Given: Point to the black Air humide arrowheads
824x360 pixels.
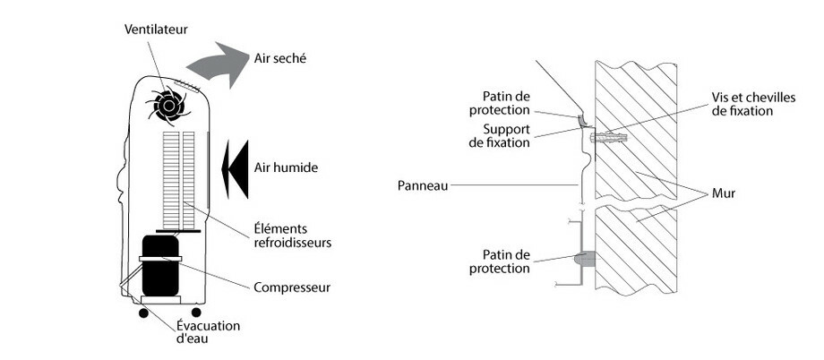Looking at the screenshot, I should [x=236, y=167].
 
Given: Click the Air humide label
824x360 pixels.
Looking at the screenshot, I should [x=287, y=167].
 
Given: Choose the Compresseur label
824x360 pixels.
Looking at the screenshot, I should [x=293, y=287].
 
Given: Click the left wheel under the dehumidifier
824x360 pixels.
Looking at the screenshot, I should [x=142, y=313].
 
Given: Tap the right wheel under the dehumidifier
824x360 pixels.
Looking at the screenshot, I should [x=196, y=313].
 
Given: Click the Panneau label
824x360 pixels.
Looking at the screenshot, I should [x=421, y=186].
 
